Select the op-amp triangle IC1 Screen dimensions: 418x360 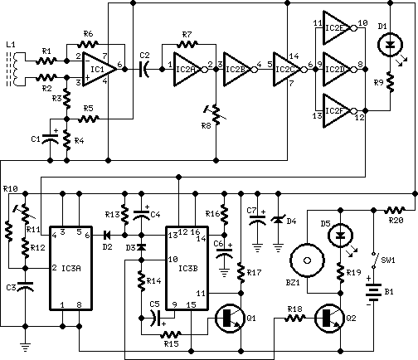click(98, 69)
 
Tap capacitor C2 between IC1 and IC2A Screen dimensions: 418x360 click(144, 69)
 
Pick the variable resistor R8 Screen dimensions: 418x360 click(216, 115)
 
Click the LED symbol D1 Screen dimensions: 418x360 click(390, 45)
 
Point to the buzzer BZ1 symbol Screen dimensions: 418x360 click(307, 260)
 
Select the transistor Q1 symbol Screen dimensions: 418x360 click(230, 319)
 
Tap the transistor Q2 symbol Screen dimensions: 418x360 click(329, 319)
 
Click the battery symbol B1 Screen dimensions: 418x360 click(373, 293)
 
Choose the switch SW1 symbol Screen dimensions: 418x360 click(374, 260)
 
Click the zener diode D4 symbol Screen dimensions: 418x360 click(279, 221)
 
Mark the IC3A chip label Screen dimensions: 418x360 click(71, 268)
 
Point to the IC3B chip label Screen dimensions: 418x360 click(188, 268)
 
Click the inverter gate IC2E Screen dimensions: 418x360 click(338, 28)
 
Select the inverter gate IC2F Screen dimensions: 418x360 click(338, 111)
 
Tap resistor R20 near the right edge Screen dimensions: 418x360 click(395, 211)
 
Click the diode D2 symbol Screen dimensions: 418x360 click(107, 236)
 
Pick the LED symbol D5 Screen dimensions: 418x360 click(340, 236)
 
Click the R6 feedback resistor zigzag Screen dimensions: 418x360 click(88, 44)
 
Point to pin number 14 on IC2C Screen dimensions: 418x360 click(294, 56)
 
